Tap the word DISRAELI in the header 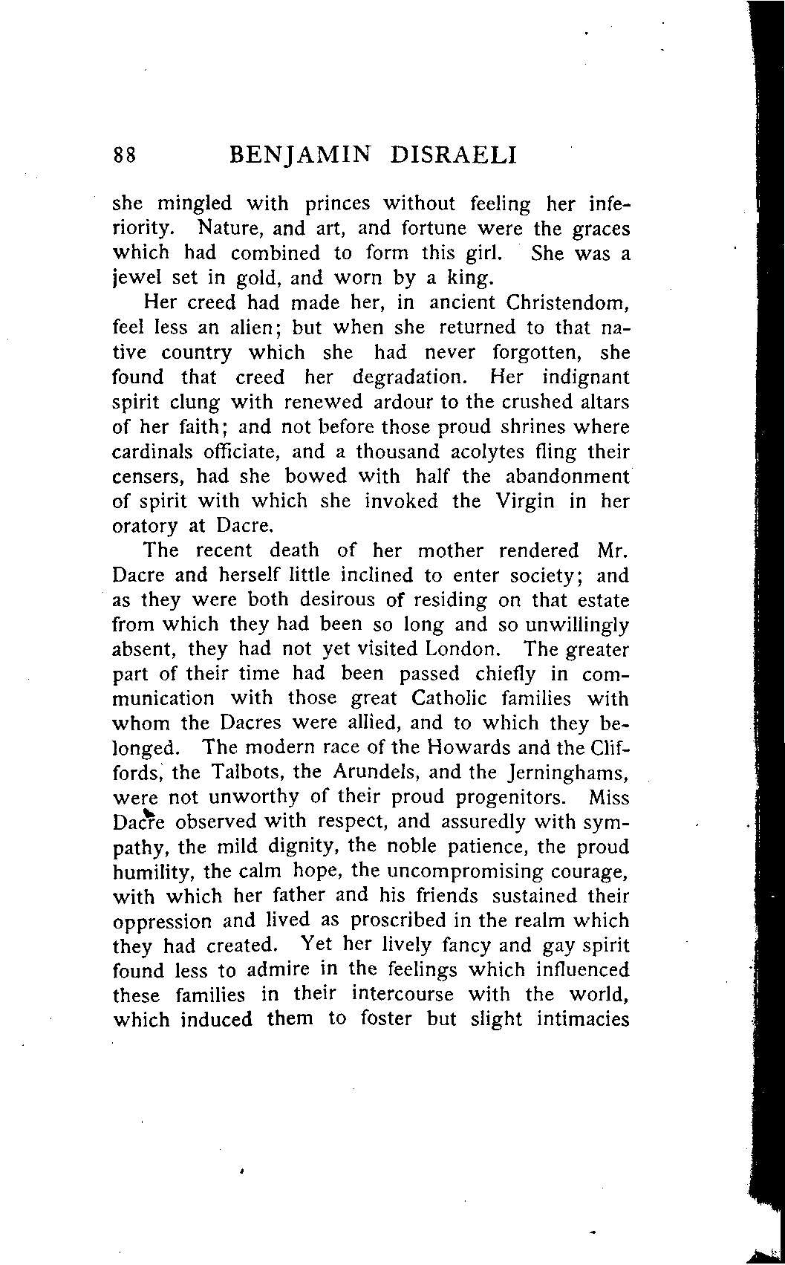(x=452, y=155)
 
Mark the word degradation (x=410, y=377)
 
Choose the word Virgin (x=524, y=501)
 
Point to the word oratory (x=146, y=527)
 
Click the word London (x=461, y=649)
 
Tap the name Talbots (x=247, y=772)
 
